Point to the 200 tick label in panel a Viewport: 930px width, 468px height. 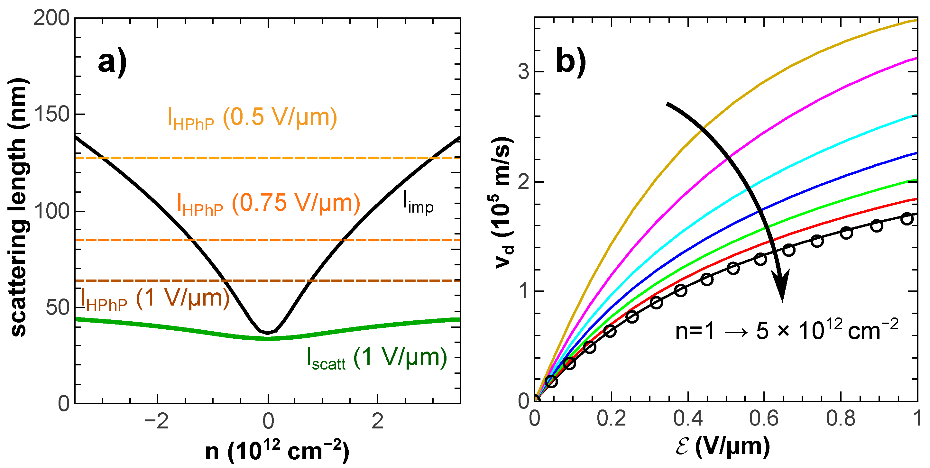(x=51, y=18)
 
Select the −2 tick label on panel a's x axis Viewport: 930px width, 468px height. (x=156, y=421)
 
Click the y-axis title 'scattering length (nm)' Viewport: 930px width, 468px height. (x=18, y=208)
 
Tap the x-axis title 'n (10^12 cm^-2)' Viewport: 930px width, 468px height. (x=277, y=451)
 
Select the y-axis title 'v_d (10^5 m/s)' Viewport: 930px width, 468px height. (x=504, y=202)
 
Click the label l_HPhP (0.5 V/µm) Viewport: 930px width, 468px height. (x=252, y=118)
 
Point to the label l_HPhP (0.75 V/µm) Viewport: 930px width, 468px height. (x=269, y=204)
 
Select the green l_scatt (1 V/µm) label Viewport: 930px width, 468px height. (x=377, y=358)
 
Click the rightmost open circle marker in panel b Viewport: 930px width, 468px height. (x=907, y=219)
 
